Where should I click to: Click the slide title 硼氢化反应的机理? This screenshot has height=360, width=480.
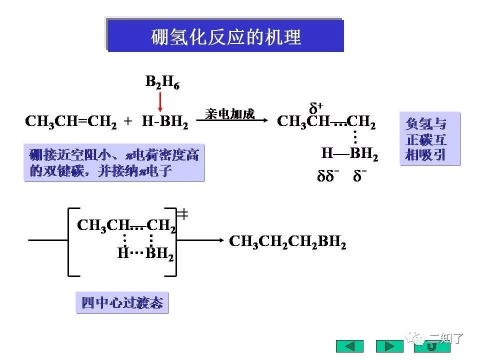point(226,36)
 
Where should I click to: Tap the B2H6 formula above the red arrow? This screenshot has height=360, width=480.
point(162,82)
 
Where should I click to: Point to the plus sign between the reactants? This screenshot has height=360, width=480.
point(128,122)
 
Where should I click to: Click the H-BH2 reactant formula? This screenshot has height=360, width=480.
point(165,122)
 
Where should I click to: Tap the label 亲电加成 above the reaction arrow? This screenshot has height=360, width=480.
point(229,113)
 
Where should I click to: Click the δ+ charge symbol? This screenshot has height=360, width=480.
point(316,107)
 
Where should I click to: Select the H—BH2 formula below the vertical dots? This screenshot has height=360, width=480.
point(349,154)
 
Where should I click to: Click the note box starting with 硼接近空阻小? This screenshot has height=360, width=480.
point(114,163)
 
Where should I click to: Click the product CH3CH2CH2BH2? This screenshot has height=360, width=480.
point(287,242)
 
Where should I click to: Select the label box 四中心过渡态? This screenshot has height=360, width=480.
point(122,302)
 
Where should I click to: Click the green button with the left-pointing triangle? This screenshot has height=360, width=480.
point(349,346)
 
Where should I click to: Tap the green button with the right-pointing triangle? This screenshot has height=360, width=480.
point(389,346)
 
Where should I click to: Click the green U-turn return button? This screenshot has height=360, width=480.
point(430,346)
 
